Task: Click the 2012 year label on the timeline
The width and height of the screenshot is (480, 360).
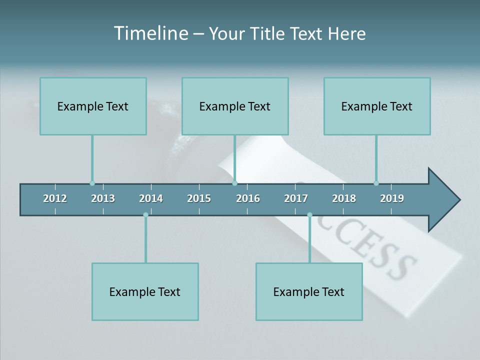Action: click(x=55, y=198)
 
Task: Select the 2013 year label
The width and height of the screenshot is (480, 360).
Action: click(x=103, y=198)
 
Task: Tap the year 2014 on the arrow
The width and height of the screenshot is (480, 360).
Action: click(x=151, y=198)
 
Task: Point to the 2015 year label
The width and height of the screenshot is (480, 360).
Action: click(x=199, y=198)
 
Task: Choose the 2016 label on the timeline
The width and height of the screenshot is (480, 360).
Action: click(x=248, y=198)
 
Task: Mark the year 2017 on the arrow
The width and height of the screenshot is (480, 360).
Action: click(x=296, y=198)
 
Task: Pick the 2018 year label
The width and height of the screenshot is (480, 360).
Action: click(x=344, y=198)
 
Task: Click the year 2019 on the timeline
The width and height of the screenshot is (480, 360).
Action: click(x=392, y=198)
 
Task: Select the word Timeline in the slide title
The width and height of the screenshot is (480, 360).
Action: click(x=150, y=33)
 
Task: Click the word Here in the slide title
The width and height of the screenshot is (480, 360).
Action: click(x=347, y=33)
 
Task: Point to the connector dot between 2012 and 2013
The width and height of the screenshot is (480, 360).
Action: click(x=92, y=183)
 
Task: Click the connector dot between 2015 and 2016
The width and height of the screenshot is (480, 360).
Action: click(x=234, y=183)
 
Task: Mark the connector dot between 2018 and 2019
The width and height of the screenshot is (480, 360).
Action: click(x=376, y=183)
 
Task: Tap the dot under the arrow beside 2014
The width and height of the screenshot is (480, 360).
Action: click(x=145, y=215)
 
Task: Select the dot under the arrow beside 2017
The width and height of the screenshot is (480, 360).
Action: click(x=309, y=215)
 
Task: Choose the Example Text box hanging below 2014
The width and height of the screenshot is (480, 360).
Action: click(x=145, y=291)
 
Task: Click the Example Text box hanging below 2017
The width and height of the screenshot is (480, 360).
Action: click(x=309, y=291)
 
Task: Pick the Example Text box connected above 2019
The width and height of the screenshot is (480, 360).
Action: click(x=377, y=106)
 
